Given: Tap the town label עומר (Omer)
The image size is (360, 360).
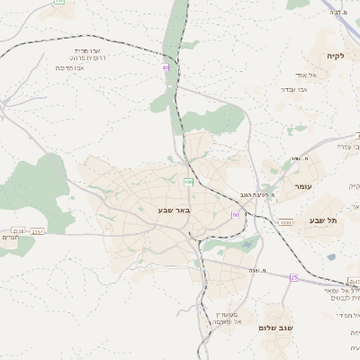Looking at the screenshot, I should pos(301,185).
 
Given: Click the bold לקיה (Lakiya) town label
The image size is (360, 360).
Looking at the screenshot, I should pos(334,56).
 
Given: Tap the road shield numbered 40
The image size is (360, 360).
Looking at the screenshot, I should pos(166,67).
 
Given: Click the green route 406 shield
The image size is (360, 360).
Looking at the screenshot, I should pos(188,182).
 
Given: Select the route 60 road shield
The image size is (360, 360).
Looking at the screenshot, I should pos(235,215).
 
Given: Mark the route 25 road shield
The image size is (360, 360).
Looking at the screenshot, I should pos(293,277).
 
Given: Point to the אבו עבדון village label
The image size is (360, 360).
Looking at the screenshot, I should pos(294,89).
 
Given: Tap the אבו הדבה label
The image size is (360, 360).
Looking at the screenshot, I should pos(69,67).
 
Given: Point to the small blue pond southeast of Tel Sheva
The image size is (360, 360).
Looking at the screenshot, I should pos(331,256).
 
